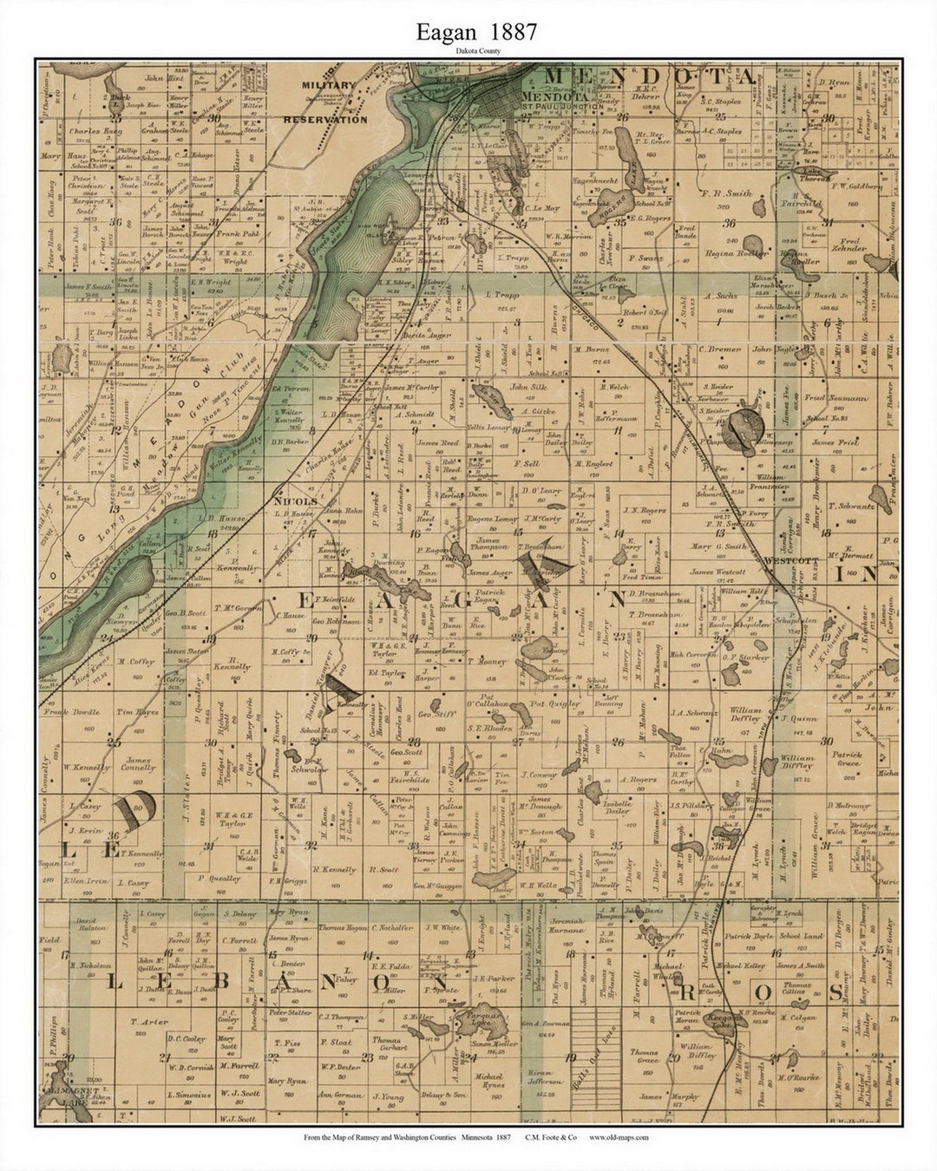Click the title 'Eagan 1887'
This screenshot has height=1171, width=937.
coord(475,32)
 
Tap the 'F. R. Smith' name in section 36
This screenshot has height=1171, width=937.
coord(727,194)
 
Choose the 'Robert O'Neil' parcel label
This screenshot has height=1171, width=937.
coord(643,312)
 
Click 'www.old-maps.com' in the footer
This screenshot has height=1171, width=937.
coord(619,1137)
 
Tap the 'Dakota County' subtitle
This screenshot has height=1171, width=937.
coord(475,51)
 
